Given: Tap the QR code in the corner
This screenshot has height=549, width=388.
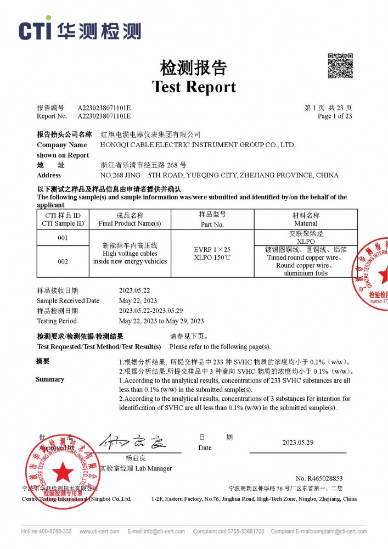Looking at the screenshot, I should (x=340, y=66).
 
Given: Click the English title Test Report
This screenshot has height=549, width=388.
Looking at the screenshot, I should (x=194, y=87).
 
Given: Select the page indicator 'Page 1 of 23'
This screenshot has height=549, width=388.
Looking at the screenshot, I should (x=335, y=116).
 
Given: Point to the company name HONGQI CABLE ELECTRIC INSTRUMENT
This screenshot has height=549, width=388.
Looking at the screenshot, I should (x=199, y=145).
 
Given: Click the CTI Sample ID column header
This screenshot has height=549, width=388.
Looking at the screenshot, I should (x=63, y=219).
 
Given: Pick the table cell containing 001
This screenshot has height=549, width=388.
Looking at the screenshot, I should (x=63, y=238).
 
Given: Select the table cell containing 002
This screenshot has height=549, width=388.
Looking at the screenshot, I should (x=63, y=261).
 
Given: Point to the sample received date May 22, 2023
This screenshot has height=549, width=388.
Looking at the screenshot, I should (x=138, y=301).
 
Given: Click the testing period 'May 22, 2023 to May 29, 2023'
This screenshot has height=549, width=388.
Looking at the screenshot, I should (x=161, y=321).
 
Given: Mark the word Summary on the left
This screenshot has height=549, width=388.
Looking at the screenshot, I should (x=50, y=379).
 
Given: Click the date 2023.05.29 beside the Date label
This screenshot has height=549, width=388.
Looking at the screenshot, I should (x=298, y=442).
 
